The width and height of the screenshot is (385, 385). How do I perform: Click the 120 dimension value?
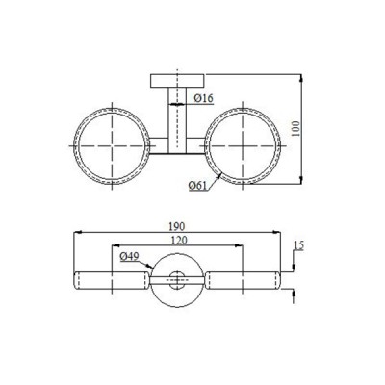(177, 240)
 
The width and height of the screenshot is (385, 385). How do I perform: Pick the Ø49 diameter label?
(131, 257)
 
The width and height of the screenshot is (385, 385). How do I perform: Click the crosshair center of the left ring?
(109, 145)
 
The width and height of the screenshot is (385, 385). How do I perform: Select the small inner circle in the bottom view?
(177, 282)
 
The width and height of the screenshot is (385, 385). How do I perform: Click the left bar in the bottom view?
(110, 282)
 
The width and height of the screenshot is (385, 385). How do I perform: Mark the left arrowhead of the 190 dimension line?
(78, 232)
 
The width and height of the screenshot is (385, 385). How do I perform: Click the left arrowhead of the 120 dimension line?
(114, 246)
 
